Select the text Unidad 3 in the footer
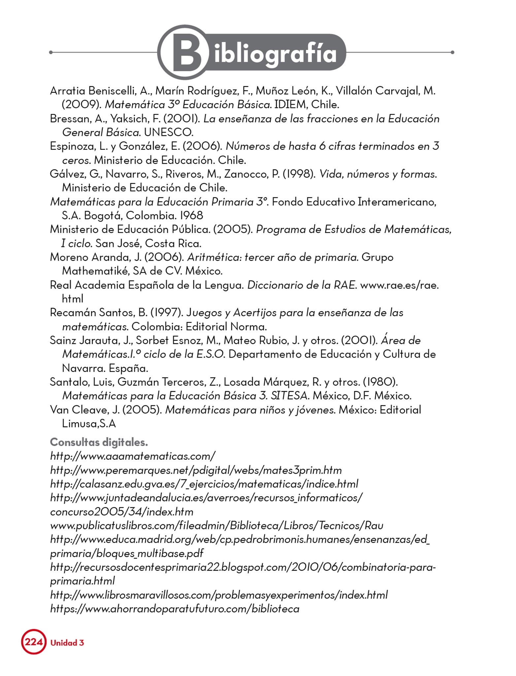click(67, 643)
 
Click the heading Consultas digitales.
click(99, 442)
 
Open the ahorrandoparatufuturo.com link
click(175, 609)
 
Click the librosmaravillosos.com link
click(219, 595)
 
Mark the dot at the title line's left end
click(51, 52)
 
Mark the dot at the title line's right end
click(452, 52)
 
